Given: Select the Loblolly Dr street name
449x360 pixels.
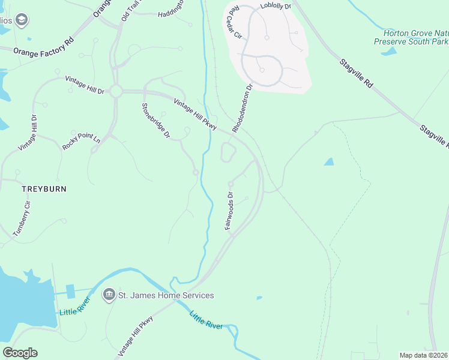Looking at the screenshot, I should [276, 6].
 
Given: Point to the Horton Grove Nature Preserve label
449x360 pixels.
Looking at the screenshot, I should [411, 37].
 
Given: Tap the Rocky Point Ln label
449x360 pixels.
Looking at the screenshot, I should [81, 142].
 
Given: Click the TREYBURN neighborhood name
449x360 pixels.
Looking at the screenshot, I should [44, 188].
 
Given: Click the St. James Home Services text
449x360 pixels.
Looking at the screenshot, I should [166, 295].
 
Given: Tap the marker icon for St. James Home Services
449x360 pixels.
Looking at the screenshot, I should [109, 294].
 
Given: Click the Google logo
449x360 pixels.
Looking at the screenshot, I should [20, 353].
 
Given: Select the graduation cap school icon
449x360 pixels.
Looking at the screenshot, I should [22, 21].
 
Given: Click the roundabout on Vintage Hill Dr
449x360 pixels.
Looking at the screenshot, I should [116, 92].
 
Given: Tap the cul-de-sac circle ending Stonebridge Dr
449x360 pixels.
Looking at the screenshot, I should [196, 173].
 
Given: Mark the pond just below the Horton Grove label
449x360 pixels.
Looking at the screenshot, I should [388, 52].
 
